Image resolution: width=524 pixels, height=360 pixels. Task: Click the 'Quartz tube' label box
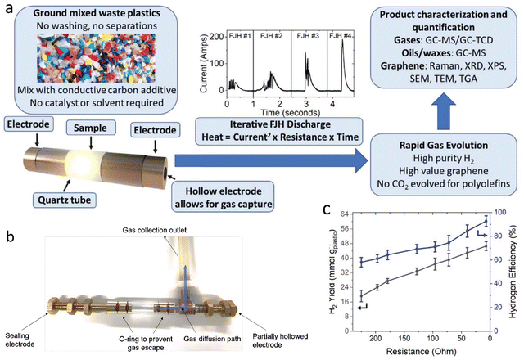64,200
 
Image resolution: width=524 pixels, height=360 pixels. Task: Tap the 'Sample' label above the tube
91,128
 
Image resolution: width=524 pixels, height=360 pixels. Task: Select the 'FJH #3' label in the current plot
308,36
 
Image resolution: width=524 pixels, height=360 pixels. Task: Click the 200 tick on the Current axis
217,36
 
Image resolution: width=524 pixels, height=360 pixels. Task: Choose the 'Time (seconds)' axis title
290,113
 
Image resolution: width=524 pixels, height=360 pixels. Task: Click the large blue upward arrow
444,111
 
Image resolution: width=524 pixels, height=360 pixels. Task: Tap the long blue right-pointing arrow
271,160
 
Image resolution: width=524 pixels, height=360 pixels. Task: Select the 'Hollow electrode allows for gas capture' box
224,197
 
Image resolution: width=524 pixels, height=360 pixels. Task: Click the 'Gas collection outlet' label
155,230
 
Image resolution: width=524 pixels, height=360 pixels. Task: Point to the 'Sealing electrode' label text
20,340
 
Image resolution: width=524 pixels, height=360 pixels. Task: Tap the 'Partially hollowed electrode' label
280,340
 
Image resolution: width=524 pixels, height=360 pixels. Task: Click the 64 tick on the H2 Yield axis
344,214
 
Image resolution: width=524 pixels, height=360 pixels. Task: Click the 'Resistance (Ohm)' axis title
421,351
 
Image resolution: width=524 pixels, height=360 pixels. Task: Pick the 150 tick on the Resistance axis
404,339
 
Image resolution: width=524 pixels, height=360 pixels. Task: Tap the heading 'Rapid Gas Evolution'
444,146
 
